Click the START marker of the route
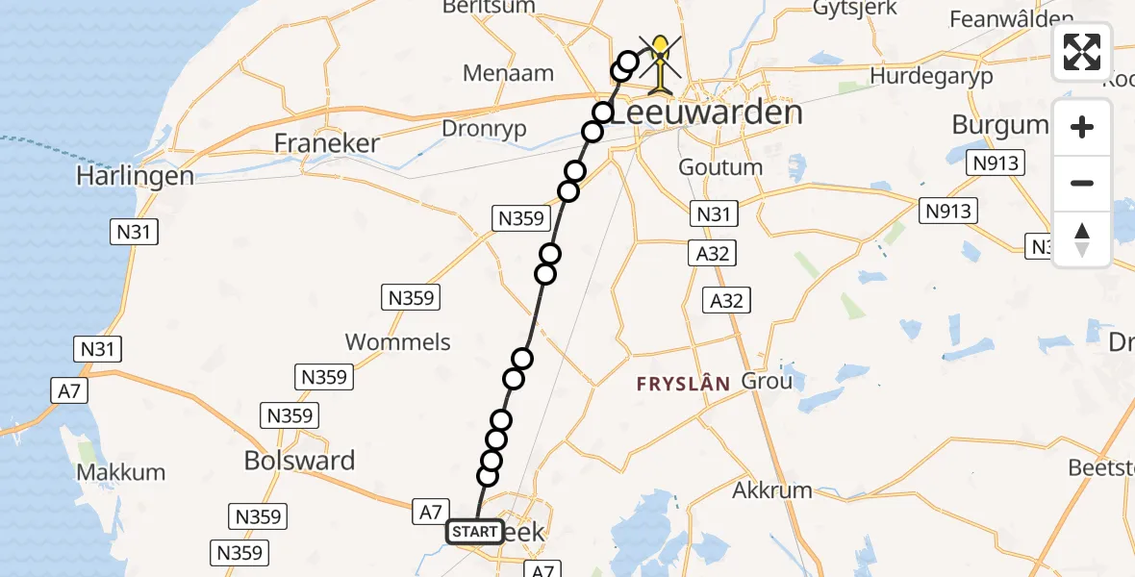474,532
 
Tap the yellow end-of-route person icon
660,63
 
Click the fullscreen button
1082,52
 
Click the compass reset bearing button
1082,239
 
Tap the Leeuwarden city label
707,113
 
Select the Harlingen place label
137,177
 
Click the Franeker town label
327,143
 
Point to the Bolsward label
299,461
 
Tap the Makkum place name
121,472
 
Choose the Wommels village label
397,341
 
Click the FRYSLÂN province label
683,383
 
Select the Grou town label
768,381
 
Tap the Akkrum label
772,490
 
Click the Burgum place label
999,124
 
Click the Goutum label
720,167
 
